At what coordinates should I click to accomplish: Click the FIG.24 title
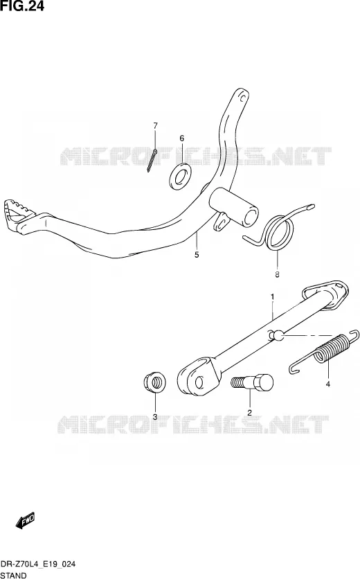click(22, 6)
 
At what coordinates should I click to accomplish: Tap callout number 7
click(155, 126)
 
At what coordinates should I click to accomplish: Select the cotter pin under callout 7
click(152, 160)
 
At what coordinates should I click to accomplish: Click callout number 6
click(181, 139)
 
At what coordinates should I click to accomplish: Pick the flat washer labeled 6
click(180, 176)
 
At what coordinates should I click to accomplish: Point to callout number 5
click(197, 254)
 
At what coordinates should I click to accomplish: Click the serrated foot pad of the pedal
click(18, 215)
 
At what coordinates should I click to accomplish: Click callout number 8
click(277, 274)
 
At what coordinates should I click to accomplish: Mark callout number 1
click(272, 296)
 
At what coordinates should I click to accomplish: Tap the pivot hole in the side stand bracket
click(199, 382)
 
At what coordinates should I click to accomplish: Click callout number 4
click(328, 384)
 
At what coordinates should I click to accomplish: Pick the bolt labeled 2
click(252, 382)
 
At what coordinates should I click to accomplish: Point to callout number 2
click(249, 413)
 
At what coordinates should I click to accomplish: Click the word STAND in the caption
click(14, 575)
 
